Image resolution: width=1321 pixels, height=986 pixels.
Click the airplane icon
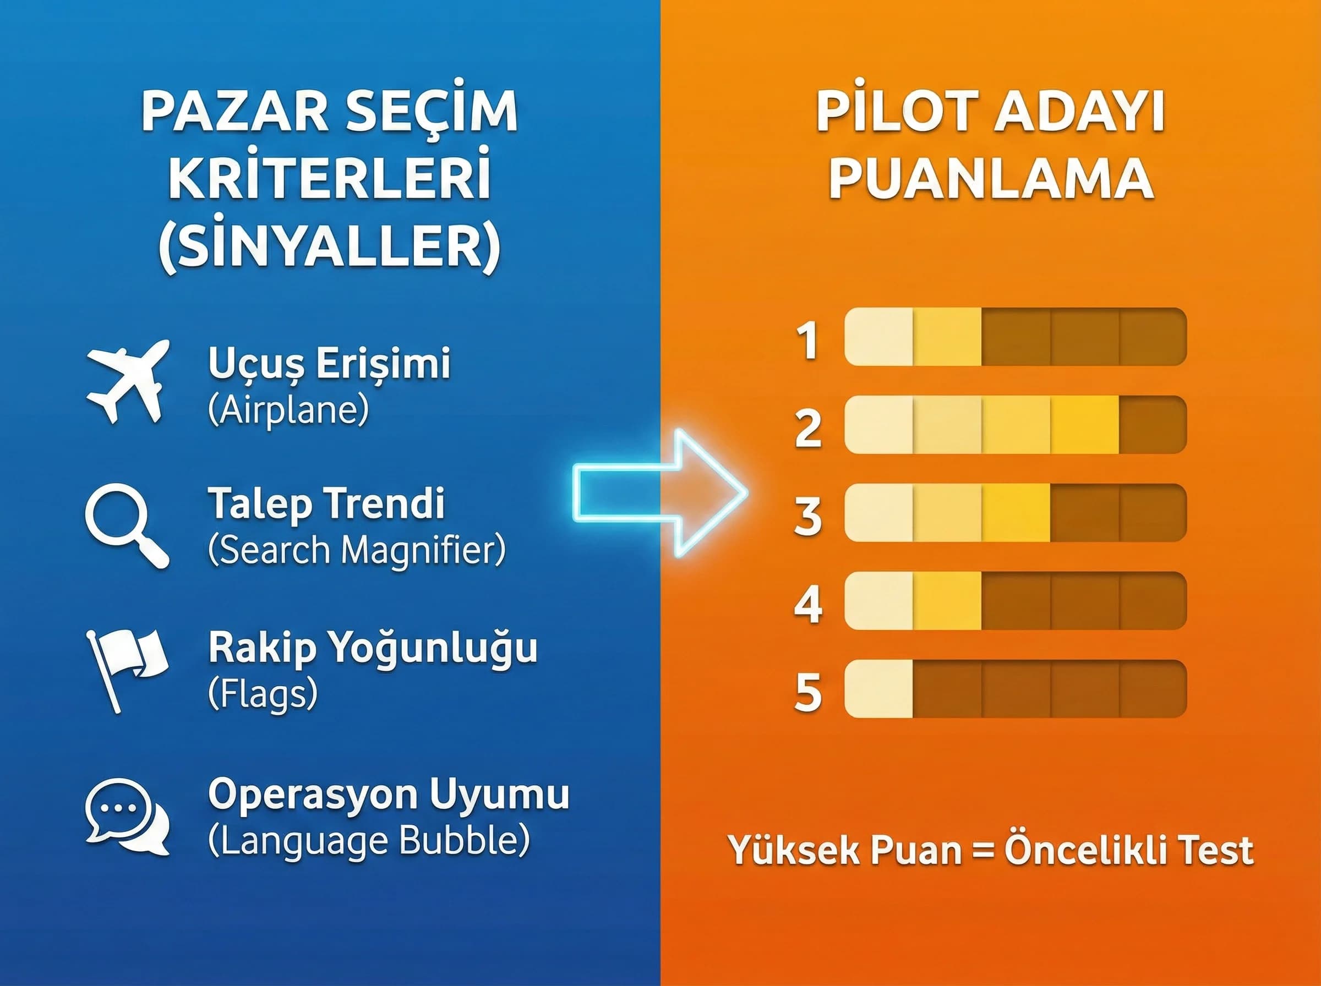click(x=127, y=381)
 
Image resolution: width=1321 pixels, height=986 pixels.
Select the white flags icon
click(x=127, y=668)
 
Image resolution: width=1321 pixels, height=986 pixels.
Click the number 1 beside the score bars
click(x=809, y=341)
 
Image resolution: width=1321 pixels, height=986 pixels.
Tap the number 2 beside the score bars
click(x=809, y=428)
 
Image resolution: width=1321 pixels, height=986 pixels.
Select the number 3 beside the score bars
click(x=809, y=516)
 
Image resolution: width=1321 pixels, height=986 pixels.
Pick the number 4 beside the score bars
click(x=809, y=604)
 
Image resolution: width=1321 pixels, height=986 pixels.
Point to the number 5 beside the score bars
click(x=809, y=692)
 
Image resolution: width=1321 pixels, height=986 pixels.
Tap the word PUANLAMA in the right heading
click(x=991, y=179)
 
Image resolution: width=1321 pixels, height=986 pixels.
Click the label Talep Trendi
click(x=326, y=502)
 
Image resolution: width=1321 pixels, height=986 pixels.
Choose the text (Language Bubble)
click(x=369, y=840)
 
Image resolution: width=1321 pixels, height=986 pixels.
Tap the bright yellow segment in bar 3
click(x=1016, y=513)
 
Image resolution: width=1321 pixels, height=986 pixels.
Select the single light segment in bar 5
click(x=878, y=688)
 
